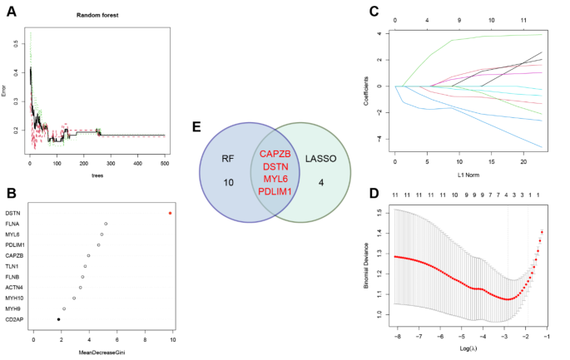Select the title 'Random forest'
(x=96, y=16)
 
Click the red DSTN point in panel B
(x=171, y=213)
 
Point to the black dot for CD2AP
(x=58, y=319)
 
